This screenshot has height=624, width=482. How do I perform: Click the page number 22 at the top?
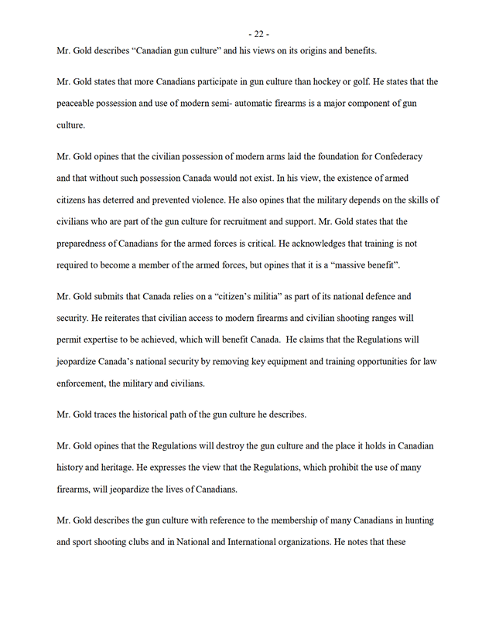point(258,33)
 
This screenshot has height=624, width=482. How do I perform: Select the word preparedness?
point(86,243)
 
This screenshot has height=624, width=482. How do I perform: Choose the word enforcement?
point(87,382)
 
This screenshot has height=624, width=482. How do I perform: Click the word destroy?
point(251,446)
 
